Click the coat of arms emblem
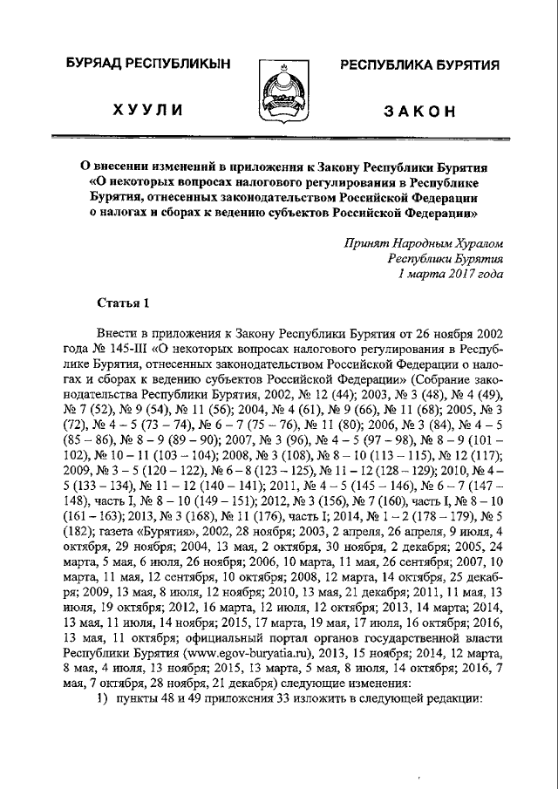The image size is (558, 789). tap(278, 92)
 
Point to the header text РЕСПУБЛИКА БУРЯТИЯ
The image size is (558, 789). tap(418, 67)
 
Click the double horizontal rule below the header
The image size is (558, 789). tap(278, 137)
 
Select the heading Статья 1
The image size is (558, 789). tap(121, 303)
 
